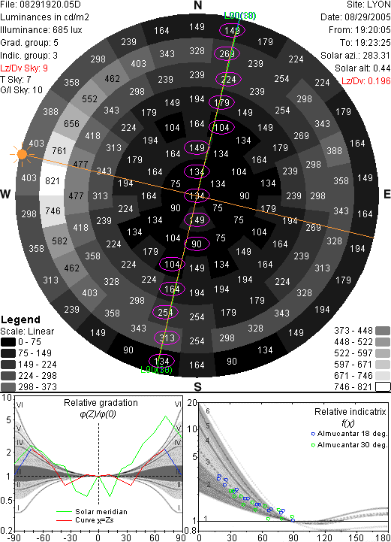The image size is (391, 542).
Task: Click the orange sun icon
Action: (22, 154)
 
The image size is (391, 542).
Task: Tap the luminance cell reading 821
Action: (53, 180)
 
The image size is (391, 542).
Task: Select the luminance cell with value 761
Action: (59, 150)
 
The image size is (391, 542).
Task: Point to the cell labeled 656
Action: (71, 123)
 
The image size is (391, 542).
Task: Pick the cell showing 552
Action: (89, 99)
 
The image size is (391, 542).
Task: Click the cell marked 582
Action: (59, 241)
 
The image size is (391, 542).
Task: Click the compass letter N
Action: (197, 5)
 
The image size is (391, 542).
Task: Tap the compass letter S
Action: (197, 386)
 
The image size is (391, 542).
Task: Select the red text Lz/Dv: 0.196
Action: (365, 81)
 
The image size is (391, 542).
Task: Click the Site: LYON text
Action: (368, 5)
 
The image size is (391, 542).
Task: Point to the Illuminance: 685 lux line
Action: (41, 30)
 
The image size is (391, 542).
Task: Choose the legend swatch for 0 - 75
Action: (8, 342)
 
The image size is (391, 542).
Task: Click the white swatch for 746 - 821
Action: (383, 386)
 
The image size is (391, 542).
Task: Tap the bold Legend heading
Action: (20, 319)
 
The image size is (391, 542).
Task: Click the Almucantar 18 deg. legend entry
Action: (349, 434)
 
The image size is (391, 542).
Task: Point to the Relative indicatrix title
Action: (350, 412)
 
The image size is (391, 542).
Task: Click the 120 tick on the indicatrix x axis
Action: (324, 537)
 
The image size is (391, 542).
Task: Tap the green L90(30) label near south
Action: (156, 370)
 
